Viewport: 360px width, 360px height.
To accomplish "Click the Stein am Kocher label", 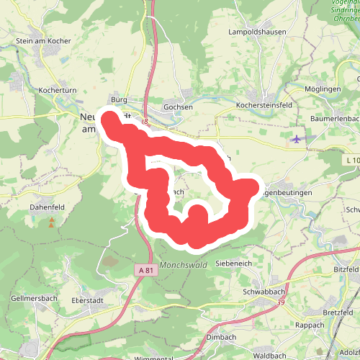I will (x=43, y=41).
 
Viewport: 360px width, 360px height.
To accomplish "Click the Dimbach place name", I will (x=220, y=336).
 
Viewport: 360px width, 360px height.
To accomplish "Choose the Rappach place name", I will (x=309, y=325).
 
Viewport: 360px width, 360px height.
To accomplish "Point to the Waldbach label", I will (x=271, y=356).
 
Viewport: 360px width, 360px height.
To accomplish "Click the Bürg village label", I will (x=119, y=99).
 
